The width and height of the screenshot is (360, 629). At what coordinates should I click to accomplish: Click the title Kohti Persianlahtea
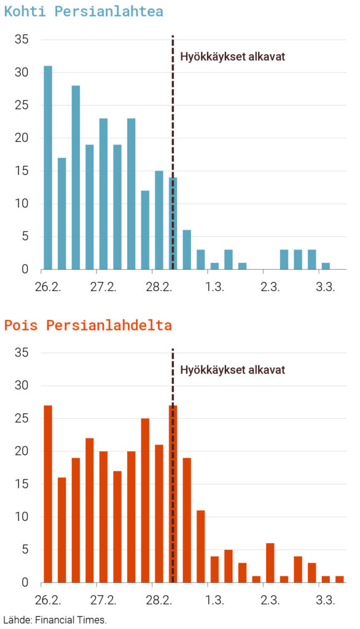pyautogui.click(x=84, y=11)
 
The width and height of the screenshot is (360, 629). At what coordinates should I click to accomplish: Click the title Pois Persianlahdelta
pyautogui.click(x=88, y=326)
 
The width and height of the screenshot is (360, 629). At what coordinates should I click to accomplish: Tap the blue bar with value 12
pyautogui.click(x=145, y=230)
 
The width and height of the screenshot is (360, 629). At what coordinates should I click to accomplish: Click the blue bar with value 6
pyautogui.click(x=187, y=249)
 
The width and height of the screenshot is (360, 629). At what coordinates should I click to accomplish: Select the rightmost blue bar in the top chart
pyautogui.click(x=326, y=266)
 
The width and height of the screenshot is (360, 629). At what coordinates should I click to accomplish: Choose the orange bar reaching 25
pyautogui.click(x=145, y=500)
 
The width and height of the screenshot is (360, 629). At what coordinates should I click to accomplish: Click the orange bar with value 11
pyautogui.click(x=200, y=546)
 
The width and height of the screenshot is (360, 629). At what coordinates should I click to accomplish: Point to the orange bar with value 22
pyautogui.click(x=90, y=510)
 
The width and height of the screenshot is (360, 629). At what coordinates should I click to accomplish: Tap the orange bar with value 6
pyautogui.click(x=270, y=563)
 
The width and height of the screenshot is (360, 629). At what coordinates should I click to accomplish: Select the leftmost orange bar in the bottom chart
pyautogui.click(x=48, y=494)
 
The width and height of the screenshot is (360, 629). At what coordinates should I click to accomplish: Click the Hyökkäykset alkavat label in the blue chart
pyautogui.click(x=232, y=57)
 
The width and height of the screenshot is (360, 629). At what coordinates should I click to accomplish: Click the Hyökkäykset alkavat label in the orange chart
pyautogui.click(x=232, y=370)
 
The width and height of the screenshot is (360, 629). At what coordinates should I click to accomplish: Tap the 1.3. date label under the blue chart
pyautogui.click(x=214, y=286)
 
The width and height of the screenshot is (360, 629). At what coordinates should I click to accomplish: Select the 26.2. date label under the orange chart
pyautogui.click(x=48, y=600)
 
